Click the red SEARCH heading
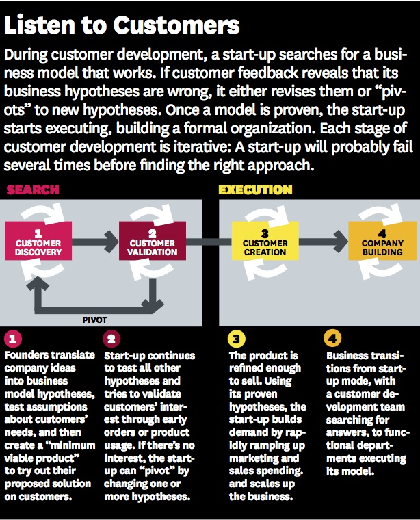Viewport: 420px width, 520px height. [32, 190]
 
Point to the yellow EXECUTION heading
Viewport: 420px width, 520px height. [255, 190]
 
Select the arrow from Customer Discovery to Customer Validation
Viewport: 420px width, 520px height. [94, 241]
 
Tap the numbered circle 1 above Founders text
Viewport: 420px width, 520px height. [12, 339]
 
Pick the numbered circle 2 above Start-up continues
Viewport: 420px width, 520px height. [111, 339]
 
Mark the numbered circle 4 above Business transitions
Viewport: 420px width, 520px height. [331, 339]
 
